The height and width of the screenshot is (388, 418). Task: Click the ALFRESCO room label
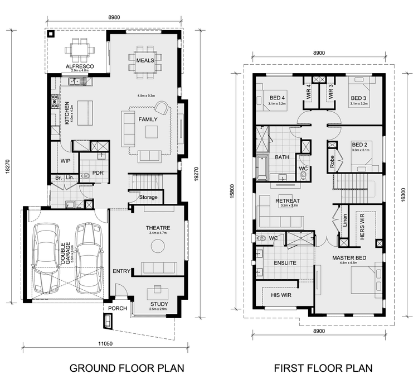coord(79,66)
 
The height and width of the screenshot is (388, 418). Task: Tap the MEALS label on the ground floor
coord(144,60)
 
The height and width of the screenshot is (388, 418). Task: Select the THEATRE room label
coord(158,228)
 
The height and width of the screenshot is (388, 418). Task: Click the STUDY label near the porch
coord(159,304)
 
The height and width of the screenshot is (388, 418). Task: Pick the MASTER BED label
coord(349,258)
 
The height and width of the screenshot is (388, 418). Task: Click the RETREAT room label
coord(288,201)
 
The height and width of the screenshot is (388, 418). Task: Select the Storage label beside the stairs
coord(148,197)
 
